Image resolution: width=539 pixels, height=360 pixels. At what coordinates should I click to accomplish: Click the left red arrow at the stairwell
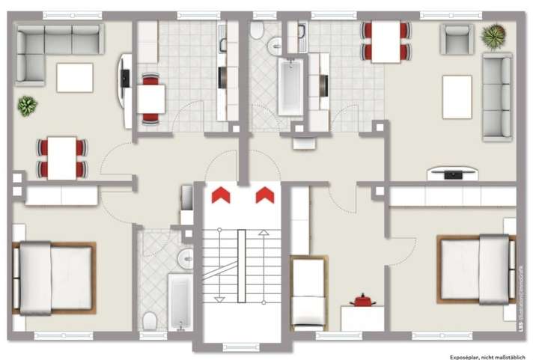coord(221,195)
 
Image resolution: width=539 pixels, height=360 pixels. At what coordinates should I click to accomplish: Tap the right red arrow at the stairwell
coord(264,195)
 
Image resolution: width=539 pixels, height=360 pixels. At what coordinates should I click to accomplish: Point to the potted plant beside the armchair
coord(493,34)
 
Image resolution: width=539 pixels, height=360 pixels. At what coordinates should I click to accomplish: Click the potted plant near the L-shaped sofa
coord(28,106)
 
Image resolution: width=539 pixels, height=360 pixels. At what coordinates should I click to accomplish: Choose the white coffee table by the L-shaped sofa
coord(75,77)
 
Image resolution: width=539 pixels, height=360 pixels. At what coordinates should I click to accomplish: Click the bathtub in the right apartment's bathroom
coord(289,87)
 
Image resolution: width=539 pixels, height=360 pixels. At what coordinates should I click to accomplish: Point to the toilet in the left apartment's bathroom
coord(150,320)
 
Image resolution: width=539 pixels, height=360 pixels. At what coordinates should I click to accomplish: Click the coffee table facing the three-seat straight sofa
coord(457,97)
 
